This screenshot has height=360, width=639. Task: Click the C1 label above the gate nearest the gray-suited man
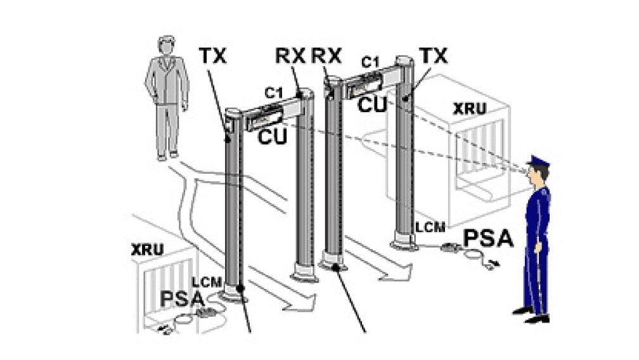point(274,93)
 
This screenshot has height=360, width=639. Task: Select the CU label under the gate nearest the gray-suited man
point(273,136)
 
